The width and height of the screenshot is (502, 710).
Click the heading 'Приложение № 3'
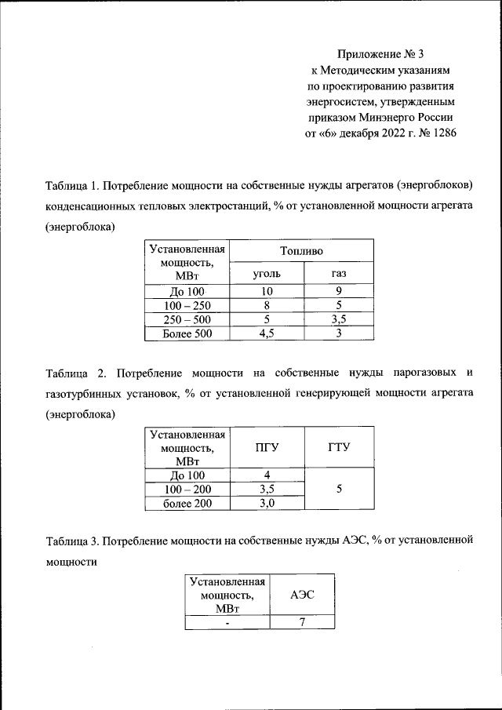380,54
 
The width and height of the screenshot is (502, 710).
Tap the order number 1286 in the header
443,133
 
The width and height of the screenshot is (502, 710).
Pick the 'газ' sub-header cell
338,274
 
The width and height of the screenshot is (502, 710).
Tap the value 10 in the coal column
267,291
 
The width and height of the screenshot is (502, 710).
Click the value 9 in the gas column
338,291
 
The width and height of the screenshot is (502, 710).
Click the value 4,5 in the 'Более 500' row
267,333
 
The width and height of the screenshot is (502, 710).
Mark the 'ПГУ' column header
267,447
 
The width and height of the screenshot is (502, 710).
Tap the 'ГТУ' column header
338,447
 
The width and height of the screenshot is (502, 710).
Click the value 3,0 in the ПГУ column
267,504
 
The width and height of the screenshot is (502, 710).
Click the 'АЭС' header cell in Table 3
302,595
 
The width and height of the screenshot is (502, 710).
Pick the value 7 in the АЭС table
302,621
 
